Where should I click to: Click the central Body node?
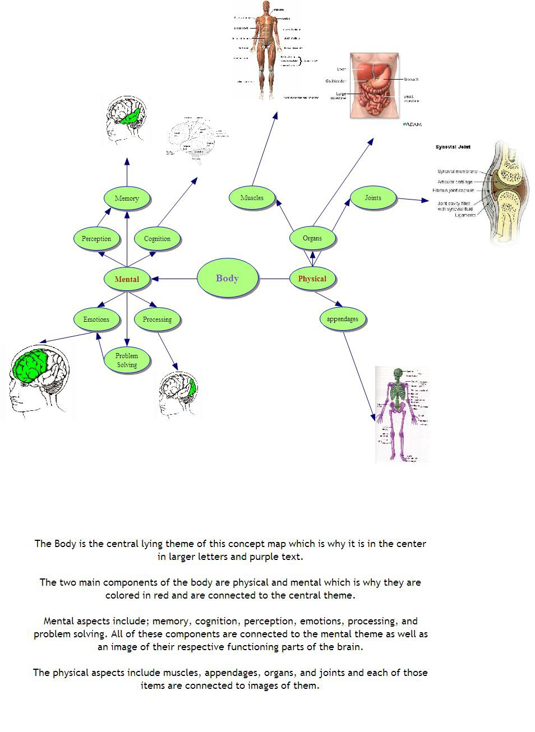click(x=227, y=278)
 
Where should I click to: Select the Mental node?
click(x=127, y=279)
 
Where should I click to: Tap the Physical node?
click(x=312, y=279)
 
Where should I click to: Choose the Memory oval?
click(x=127, y=198)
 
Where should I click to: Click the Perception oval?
click(x=96, y=238)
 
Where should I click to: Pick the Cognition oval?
click(x=157, y=238)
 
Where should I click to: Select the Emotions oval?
click(x=96, y=319)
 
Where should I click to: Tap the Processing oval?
click(x=157, y=319)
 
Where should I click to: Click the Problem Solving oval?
click(x=127, y=360)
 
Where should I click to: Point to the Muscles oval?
click(x=252, y=197)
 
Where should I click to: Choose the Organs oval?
click(x=312, y=238)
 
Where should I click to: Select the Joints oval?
click(x=373, y=197)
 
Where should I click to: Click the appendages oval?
click(x=342, y=319)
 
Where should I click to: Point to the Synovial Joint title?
click(x=453, y=147)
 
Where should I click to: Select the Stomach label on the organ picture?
click(x=411, y=80)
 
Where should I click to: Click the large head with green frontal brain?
click(x=38, y=381)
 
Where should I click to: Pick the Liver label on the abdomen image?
click(x=342, y=69)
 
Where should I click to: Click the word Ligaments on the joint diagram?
click(x=465, y=215)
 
